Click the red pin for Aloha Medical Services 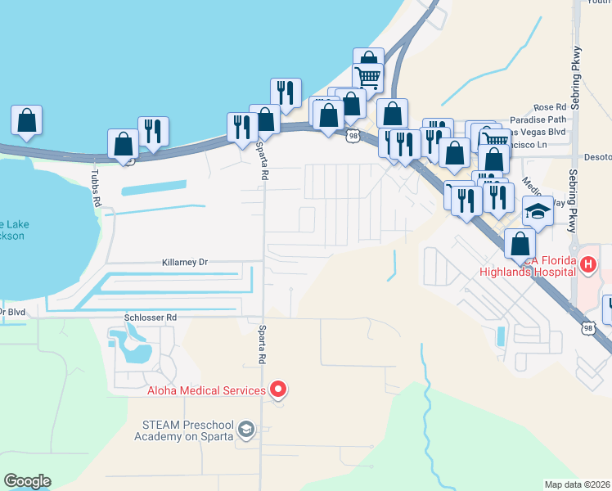point(278,390)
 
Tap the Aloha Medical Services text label point(206,390)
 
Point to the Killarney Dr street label point(186,263)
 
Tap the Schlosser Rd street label point(150,318)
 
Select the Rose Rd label point(549,107)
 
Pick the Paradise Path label point(538,119)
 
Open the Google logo point(27,481)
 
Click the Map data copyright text point(578,484)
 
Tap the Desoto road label point(596,155)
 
